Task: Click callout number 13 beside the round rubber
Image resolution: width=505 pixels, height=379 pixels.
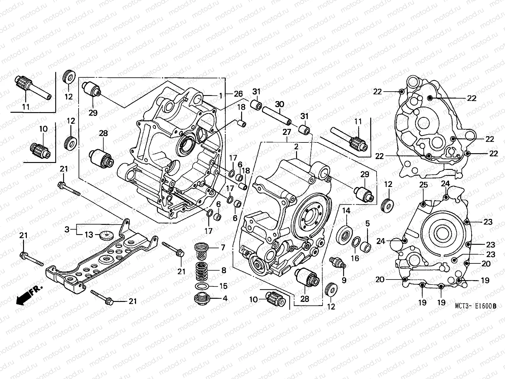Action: pos(89,235)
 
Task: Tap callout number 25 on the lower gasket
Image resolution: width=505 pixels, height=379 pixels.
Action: pos(423,184)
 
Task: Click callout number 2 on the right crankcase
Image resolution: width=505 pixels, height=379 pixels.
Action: pos(296,147)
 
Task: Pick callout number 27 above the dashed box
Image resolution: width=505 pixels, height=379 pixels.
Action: pos(287,132)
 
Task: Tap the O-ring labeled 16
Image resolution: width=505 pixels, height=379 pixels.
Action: pos(355,242)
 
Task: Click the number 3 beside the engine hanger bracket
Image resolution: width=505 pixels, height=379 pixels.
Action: pos(67,229)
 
